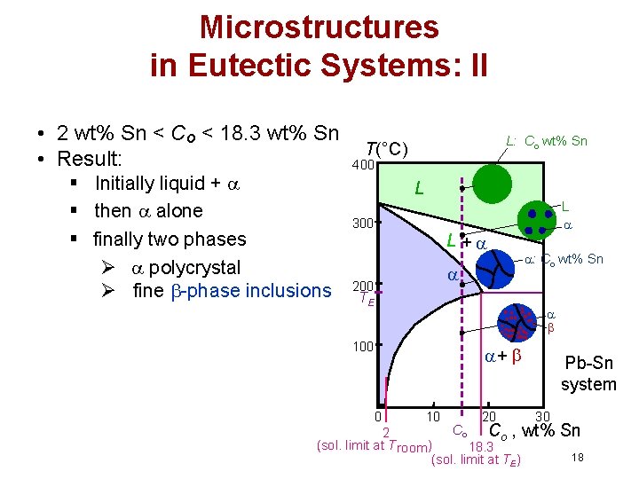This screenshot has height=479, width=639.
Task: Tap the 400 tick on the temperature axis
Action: click(x=363, y=165)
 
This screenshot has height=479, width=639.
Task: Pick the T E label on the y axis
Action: click(x=366, y=300)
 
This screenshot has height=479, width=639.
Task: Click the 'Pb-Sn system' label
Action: click(x=588, y=374)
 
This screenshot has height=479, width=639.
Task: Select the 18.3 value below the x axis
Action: click(x=481, y=446)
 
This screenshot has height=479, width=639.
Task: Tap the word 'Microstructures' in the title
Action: click(x=319, y=27)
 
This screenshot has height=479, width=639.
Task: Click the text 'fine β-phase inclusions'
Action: click(x=231, y=290)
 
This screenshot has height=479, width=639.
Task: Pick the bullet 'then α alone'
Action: click(x=148, y=211)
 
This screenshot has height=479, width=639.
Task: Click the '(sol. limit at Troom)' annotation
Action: click(x=373, y=445)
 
